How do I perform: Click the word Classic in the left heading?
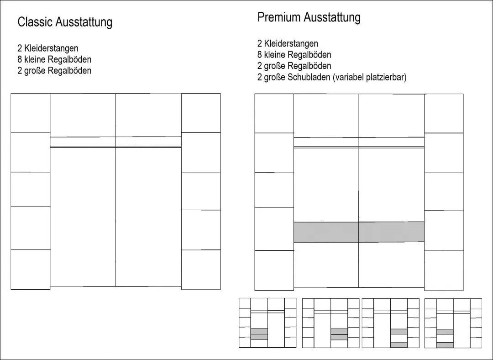pyautogui.click(x=35, y=22)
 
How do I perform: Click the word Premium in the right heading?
pyautogui.click(x=279, y=17)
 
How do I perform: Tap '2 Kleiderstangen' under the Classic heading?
pyautogui.click(x=48, y=48)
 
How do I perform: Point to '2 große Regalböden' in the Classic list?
pyautogui.click(x=54, y=70)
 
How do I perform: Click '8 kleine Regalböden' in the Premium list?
pyautogui.click(x=294, y=54)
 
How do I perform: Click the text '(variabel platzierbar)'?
pyautogui.click(x=369, y=77)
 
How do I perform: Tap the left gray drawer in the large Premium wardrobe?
pyautogui.click(x=326, y=232)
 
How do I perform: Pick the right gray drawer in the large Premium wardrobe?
pyautogui.click(x=392, y=232)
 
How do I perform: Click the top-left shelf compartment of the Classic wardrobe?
pyautogui.click(x=31, y=113)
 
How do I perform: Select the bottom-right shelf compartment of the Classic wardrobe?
pyautogui.click(x=201, y=270)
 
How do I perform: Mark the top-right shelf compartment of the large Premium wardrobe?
pyautogui.click(x=444, y=114)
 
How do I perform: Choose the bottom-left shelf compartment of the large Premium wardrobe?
pyautogui.click(x=274, y=270)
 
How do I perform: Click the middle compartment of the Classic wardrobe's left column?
pyautogui.click(x=31, y=190)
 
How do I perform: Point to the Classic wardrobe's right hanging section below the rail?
pyautogui.click(x=148, y=217)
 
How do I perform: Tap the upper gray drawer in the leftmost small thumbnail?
pyautogui.click(x=259, y=331)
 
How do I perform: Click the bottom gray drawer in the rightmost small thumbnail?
pyautogui.click(x=445, y=345)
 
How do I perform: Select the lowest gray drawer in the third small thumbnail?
pyautogui.click(x=399, y=344)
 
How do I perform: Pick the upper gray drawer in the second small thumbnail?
pyautogui.click(x=339, y=331)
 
